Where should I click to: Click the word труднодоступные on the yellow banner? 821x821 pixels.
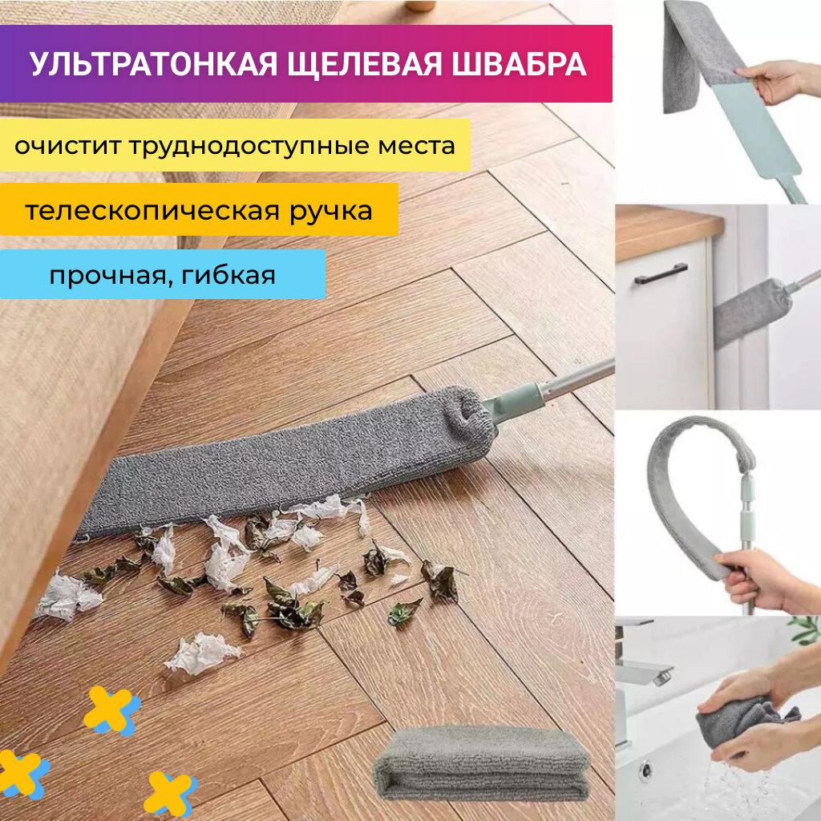pos(243,147)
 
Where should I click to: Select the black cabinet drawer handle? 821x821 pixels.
pos(661,273)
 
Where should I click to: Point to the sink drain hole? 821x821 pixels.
pos(645,770)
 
